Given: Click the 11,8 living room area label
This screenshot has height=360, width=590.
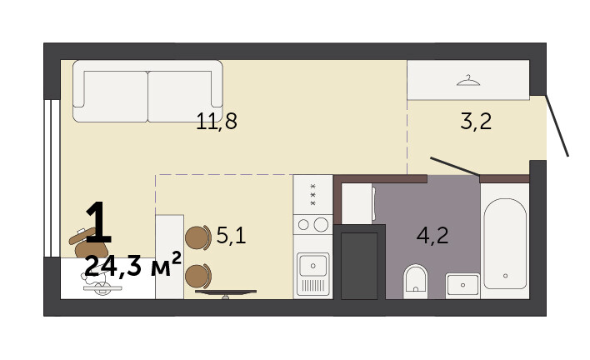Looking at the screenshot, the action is click(x=217, y=121).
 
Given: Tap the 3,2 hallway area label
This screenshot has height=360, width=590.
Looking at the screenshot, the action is click(x=476, y=121).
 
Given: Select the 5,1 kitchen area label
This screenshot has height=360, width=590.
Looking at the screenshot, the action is click(x=231, y=236).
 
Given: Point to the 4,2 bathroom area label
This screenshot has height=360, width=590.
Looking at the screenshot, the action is click(x=432, y=236).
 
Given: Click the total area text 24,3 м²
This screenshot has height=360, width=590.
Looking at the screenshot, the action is click(x=133, y=265).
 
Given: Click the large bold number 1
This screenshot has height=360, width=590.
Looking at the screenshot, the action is click(x=98, y=222).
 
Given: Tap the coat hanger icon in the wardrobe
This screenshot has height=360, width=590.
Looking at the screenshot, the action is click(x=468, y=81).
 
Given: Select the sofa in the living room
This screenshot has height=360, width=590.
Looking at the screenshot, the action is click(x=147, y=91).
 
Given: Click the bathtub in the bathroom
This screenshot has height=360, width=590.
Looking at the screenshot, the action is click(x=505, y=243).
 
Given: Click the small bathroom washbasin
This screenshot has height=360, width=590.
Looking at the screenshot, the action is click(x=462, y=286).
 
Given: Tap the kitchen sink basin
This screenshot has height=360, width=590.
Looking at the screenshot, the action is click(x=312, y=265).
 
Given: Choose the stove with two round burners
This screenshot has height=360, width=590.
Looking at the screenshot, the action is click(x=312, y=224).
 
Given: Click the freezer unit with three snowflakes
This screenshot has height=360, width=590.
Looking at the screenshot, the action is click(x=312, y=194).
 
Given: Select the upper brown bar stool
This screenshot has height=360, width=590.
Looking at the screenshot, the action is click(x=198, y=237).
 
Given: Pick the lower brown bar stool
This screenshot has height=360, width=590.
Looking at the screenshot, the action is click(x=198, y=276).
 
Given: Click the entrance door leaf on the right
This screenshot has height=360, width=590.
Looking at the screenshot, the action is click(x=557, y=126).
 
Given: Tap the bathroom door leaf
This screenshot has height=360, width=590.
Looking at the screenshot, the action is click(x=455, y=167).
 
